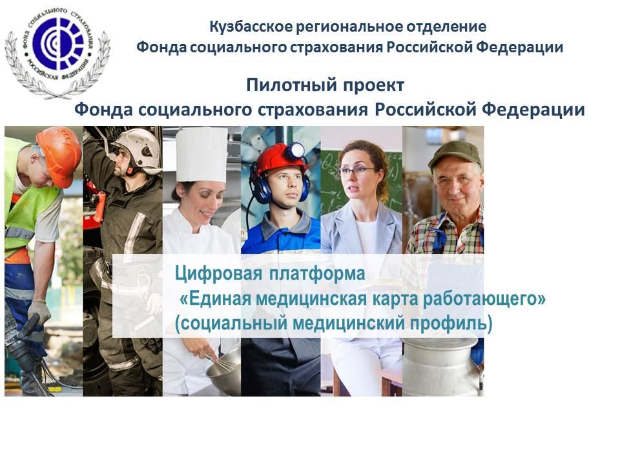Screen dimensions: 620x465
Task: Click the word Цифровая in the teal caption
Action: point(219,274)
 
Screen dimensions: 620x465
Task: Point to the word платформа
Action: point(317,274)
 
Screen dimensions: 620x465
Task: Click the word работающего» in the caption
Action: point(484,299)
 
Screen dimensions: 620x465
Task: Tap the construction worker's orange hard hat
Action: point(59,156)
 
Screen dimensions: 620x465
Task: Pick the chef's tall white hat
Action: point(201,154)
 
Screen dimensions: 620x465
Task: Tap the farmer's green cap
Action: point(455,154)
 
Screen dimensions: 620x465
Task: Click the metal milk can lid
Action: point(440,341)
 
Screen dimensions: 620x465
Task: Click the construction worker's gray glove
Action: point(39,311)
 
